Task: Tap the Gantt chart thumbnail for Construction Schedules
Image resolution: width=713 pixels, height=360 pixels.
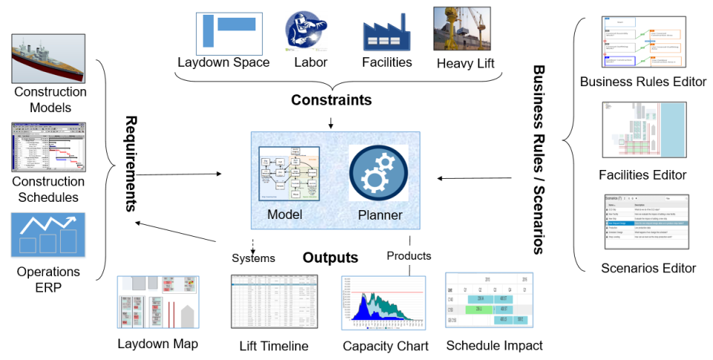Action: coord(49,148)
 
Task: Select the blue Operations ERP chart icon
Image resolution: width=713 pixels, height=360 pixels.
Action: coord(49,234)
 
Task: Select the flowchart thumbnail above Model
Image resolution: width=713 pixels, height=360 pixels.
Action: coord(289,175)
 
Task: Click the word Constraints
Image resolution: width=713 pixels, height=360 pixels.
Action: coord(331,99)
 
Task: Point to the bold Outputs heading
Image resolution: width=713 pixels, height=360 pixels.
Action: coord(330,258)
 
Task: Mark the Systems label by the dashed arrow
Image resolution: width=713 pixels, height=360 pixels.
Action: coord(253,258)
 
